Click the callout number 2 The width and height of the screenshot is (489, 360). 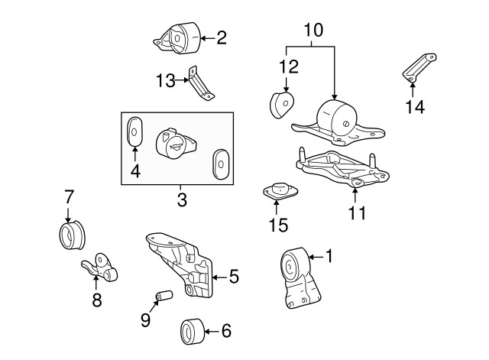[x=222, y=37]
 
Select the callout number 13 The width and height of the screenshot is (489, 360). [x=165, y=79]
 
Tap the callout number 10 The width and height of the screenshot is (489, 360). [x=313, y=31]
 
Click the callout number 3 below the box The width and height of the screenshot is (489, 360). [x=181, y=201]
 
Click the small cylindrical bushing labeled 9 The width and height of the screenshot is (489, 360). [x=162, y=295]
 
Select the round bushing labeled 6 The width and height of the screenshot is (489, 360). [x=190, y=331]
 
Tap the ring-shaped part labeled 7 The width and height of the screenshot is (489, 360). [x=71, y=235]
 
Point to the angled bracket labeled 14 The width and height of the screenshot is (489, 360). [x=417, y=68]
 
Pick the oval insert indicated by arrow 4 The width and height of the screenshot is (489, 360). [x=134, y=130]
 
